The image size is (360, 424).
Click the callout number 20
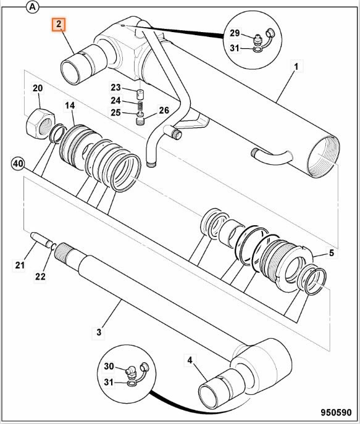point(38,89)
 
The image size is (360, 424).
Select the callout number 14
point(70,106)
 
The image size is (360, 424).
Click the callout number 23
point(115,87)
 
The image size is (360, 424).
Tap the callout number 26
point(164,110)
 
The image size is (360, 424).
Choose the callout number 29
point(234,33)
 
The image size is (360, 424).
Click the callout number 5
point(331,253)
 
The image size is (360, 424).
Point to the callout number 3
point(98,333)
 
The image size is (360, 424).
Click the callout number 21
point(20,265)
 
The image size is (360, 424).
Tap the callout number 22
point(40,276)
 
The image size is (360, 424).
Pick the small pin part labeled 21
point(40,239)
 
